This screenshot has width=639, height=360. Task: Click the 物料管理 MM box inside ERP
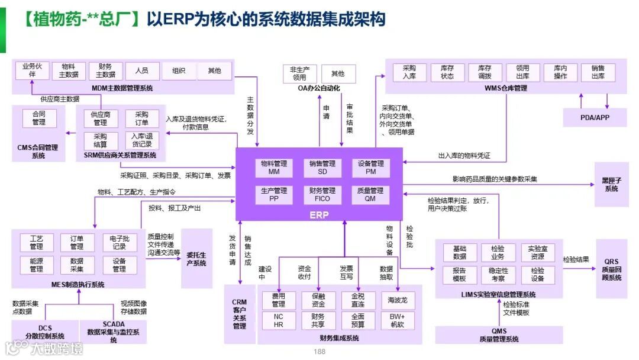pos(273,168)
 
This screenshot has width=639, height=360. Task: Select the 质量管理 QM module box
pos(370,195)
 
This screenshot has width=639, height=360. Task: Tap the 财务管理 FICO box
pos(322,195)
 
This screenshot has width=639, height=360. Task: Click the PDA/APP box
pos(595,117)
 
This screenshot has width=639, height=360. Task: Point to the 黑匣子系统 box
pos(611,185)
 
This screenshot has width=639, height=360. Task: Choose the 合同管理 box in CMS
pos(39,118)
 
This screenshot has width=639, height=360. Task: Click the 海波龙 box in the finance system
pos(398,300)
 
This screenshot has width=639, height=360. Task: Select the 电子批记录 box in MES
pos(119,242)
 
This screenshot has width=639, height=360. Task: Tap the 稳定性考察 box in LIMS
pos(498,274)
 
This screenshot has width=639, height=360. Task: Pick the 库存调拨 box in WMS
pos(485,72)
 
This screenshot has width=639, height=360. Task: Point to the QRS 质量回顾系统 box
pos(612,269)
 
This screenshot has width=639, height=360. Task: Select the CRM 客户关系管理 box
pos(239,314)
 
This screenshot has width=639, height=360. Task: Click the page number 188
pos(319,352)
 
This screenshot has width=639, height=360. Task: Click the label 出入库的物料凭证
pos(464,156)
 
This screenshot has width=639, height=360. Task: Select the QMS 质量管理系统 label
pos(499,335)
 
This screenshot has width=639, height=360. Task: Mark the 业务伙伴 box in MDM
pos(32,70)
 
